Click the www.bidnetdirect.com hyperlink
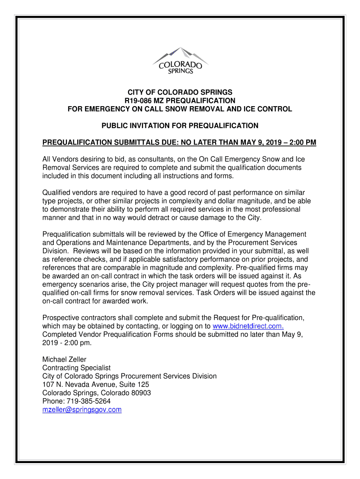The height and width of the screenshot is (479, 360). pos(248,326)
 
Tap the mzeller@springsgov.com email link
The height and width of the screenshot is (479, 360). pos(82,410)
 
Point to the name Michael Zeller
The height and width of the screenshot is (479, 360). pos(65,359)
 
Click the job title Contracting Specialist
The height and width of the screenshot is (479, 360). pos(76,368)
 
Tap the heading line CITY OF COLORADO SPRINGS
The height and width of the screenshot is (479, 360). pos(180,92)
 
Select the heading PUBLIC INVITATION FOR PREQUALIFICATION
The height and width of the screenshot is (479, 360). pos(180,125)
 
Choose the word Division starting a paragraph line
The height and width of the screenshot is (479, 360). pos(56,251)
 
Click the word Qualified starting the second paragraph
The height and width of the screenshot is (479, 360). pos(56,192)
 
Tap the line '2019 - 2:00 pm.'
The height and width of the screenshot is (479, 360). pos(67,343)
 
